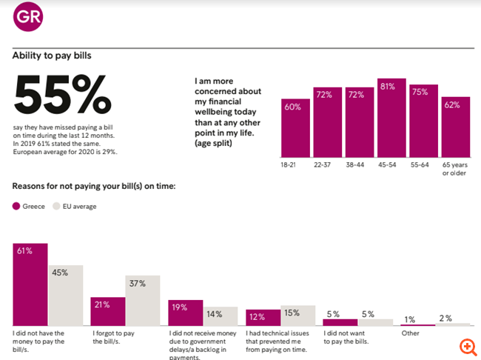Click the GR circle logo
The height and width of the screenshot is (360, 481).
tap(27, 18)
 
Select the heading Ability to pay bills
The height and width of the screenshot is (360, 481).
tap(52, 54)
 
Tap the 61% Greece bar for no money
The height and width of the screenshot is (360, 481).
tap(30, 284)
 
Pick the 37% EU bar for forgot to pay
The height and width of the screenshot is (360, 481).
tap(143, 300)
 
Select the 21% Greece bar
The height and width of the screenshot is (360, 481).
tap(108, 311)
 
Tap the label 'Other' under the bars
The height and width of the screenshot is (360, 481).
tap(410, 333)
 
